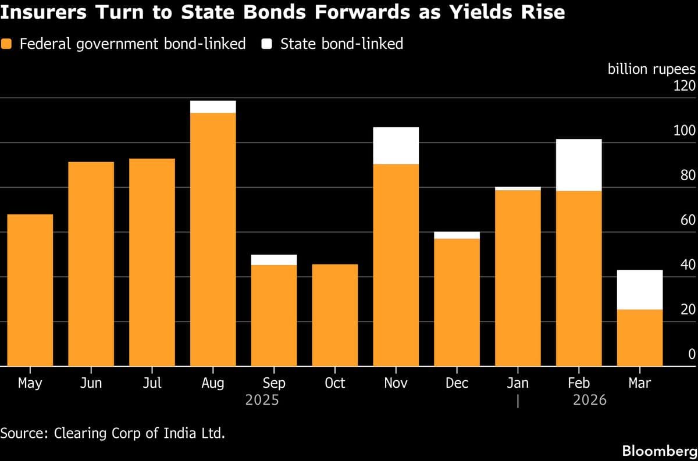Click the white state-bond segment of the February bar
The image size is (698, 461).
(579, 165)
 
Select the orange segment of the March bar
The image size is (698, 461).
(640, 338)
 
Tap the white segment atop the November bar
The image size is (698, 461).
(396, 145)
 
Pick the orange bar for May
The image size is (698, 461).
(30, 290)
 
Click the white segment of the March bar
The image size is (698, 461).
(640, 290)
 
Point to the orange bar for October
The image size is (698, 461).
(334, 315)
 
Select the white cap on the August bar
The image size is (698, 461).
(213, 107)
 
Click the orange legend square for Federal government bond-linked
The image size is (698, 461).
(7, 44)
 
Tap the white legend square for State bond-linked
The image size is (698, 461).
(268, 44)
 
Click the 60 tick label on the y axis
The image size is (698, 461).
(687, 220)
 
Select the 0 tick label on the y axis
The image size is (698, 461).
(691, 354)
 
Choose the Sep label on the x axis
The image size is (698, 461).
(273, 383)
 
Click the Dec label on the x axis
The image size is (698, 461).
(457, 383)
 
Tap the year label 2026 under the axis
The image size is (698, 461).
(589, 400)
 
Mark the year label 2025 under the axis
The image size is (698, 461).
(262, 400)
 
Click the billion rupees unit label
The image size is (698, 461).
(651, 69)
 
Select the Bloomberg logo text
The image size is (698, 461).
(659, 451)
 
